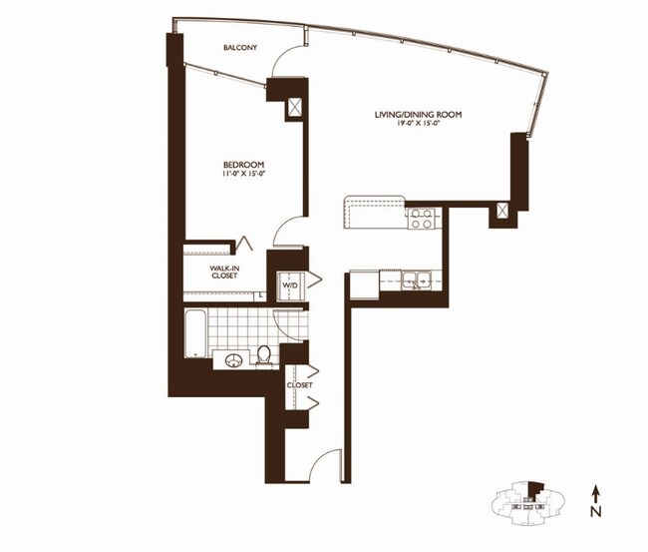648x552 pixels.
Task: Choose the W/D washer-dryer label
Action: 290,285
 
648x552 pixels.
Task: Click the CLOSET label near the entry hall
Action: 299,384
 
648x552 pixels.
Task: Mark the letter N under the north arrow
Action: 595,514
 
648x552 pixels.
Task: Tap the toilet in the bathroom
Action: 265,353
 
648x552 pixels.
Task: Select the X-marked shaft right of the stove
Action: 502,212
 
